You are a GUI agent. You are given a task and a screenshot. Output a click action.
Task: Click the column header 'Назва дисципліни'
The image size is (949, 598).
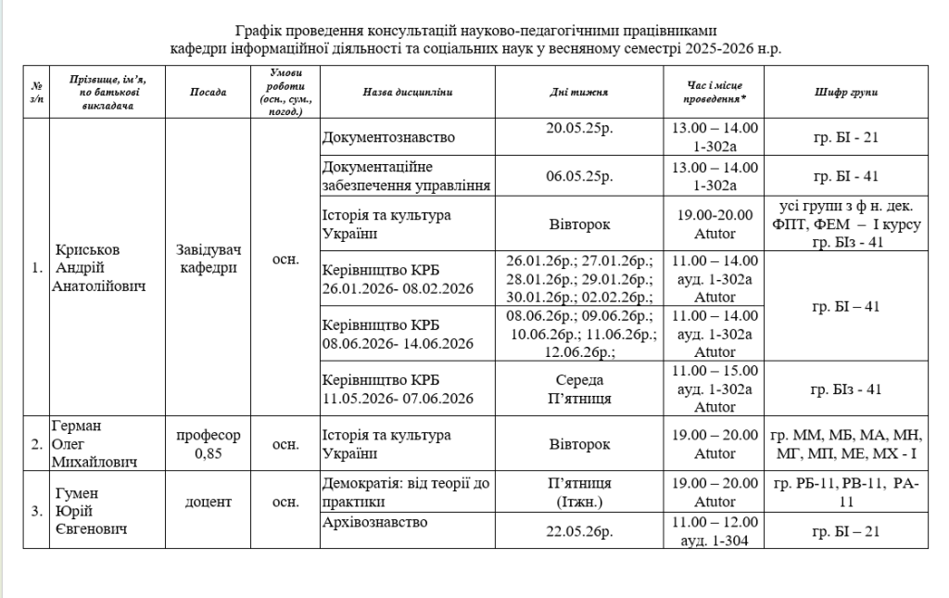tap(408, 93)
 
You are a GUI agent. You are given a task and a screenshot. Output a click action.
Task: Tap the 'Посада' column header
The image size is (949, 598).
tap(208, 93)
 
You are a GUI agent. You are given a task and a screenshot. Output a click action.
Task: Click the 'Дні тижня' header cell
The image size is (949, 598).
tap(580, 93)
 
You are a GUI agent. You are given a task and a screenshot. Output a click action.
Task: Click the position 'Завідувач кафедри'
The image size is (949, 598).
tap(208, 259)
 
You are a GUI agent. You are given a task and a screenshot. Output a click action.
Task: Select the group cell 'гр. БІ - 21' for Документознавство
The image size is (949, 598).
tap(844, 139)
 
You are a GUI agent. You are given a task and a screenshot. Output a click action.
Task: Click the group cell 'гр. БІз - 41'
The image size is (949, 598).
tap(844, 389)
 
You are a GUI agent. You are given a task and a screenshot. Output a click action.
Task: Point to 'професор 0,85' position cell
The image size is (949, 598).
tap(208, 444)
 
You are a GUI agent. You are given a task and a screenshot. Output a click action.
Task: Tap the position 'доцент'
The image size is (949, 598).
tap(208, 502)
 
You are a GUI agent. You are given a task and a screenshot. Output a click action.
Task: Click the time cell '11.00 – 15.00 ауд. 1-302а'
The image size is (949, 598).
tap(714, 380)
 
